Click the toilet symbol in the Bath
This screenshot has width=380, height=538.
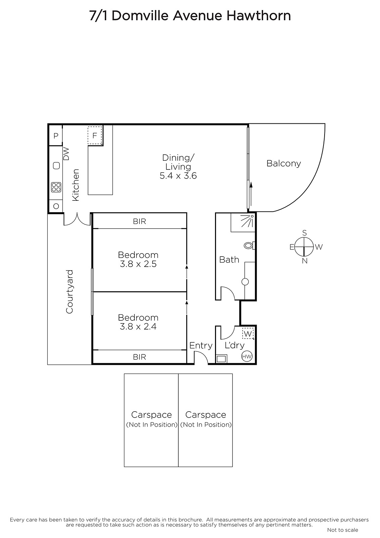[x=249, y=246]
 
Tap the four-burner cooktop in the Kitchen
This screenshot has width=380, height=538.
[x=56, y=187]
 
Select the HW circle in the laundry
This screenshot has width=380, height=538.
[x=247, y=357]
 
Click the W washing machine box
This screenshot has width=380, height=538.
[x=248, y=334]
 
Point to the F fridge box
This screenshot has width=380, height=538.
[x=94, y=136]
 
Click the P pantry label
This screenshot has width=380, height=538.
[x=56, y=136]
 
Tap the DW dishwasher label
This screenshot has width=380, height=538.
[x=66, y=154]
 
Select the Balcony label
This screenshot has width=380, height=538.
[x=284, y=163]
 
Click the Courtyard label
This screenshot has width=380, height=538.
[x=69, y=292]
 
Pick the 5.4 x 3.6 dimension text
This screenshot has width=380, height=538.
[x=178, y=176]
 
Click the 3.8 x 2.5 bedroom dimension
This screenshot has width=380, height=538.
[x=138, y=264]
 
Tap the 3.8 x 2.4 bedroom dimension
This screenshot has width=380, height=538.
[x=138, y=326]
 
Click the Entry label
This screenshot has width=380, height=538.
[x=201, y=346]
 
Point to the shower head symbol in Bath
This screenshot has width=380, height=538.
[x=248, y=221]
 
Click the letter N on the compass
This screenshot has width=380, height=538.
[x=305, y=261]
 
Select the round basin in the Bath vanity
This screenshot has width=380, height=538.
[x=245, y=282]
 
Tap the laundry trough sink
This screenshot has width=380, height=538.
[x=221, y=359]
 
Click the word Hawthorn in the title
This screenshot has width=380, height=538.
[x=259, y=16]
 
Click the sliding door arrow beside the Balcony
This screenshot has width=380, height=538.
[x=251, y=194]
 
